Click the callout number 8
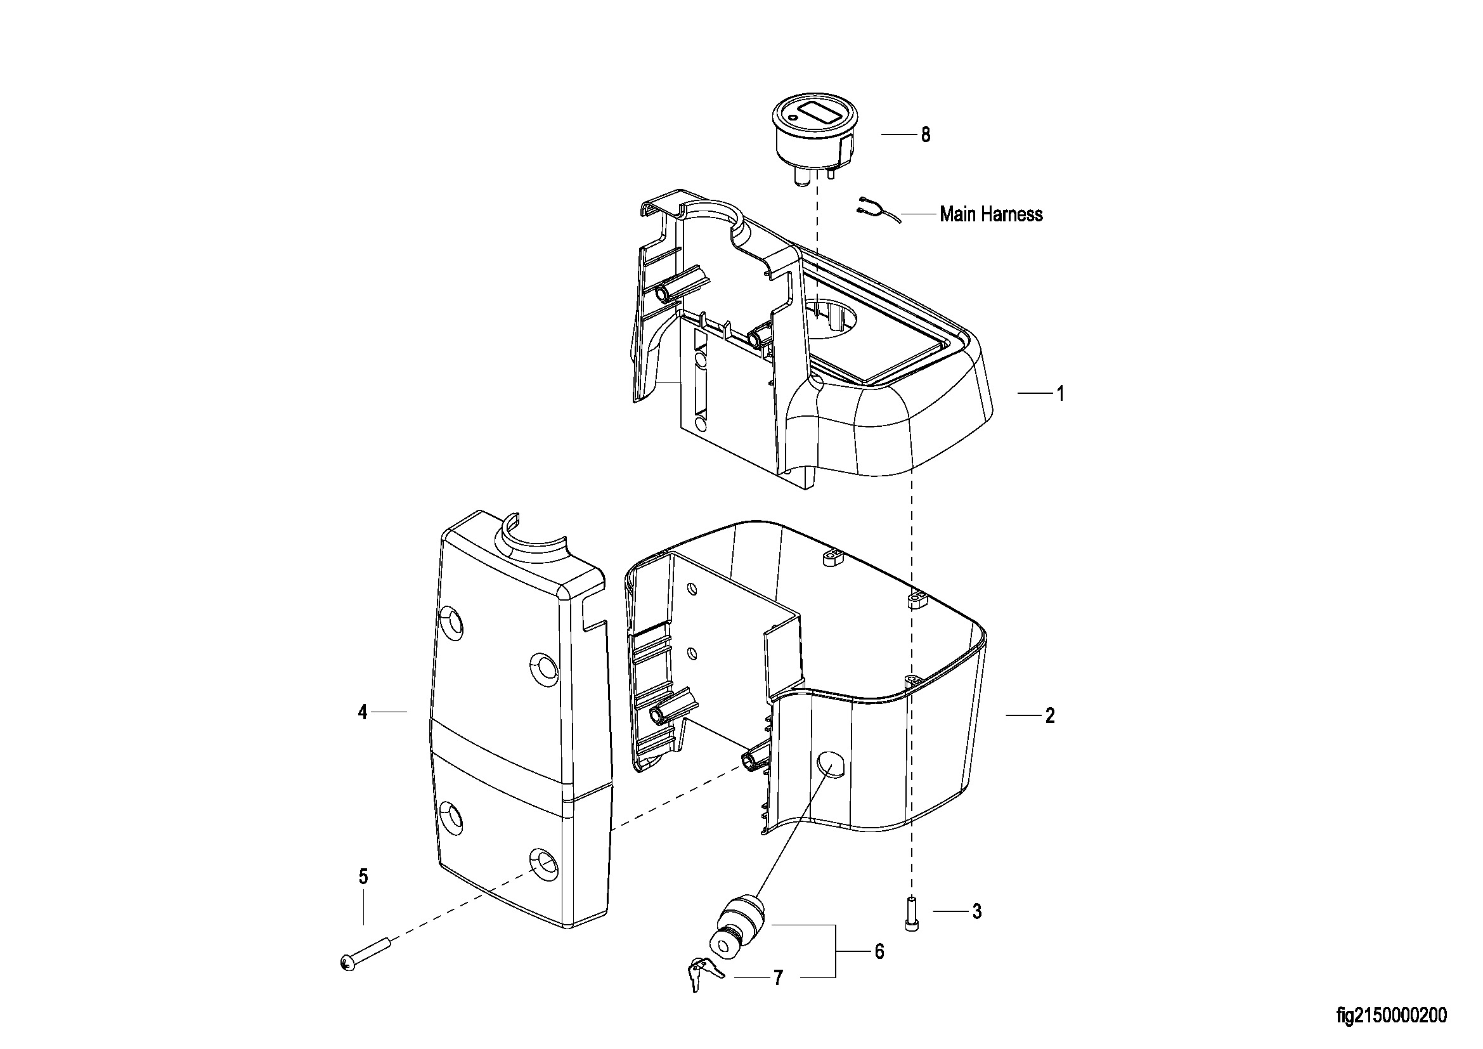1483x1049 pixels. (x=926, y=135)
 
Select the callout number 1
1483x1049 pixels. (x=1060, y=393)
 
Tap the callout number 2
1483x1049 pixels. (x=1049, y=715)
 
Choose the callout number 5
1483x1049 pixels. (x=879, y=952)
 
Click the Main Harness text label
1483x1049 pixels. (x=991, y=214)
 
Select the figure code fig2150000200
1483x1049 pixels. (x=1391, y=1015)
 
